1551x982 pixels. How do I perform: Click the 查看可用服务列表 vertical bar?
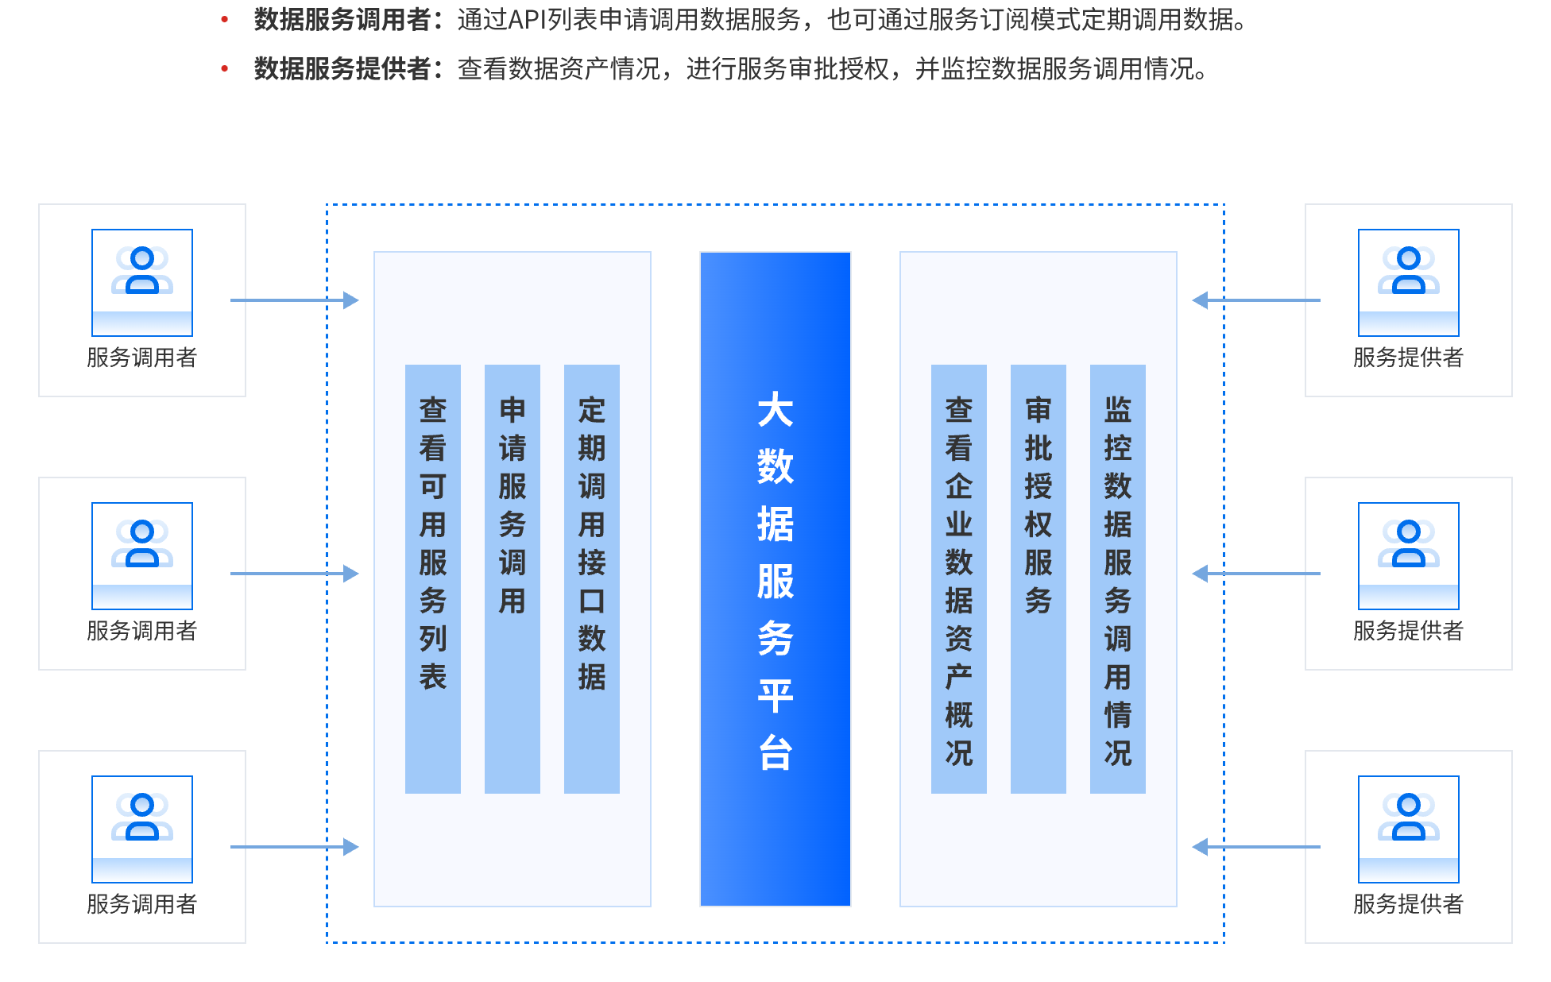433,578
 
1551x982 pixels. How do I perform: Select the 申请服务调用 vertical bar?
512,578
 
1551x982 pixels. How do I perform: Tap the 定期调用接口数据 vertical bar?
592,578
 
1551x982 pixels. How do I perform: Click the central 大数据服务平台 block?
775,578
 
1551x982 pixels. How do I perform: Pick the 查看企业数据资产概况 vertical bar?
959,578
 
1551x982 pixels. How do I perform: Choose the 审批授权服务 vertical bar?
1039,578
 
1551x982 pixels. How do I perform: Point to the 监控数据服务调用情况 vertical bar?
1118,578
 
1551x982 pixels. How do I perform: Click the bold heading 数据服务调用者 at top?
342,20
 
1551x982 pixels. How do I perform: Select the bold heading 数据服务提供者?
342,69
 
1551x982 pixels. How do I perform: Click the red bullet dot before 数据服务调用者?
225,20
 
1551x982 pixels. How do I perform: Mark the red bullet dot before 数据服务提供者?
225,69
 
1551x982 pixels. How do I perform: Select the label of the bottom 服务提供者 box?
1408,904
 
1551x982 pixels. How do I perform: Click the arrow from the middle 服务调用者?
294,574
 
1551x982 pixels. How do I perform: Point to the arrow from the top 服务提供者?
1255,300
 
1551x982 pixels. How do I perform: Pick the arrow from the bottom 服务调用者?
294,847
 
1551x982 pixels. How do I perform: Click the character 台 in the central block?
775,752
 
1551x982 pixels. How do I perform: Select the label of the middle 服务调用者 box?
141,631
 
